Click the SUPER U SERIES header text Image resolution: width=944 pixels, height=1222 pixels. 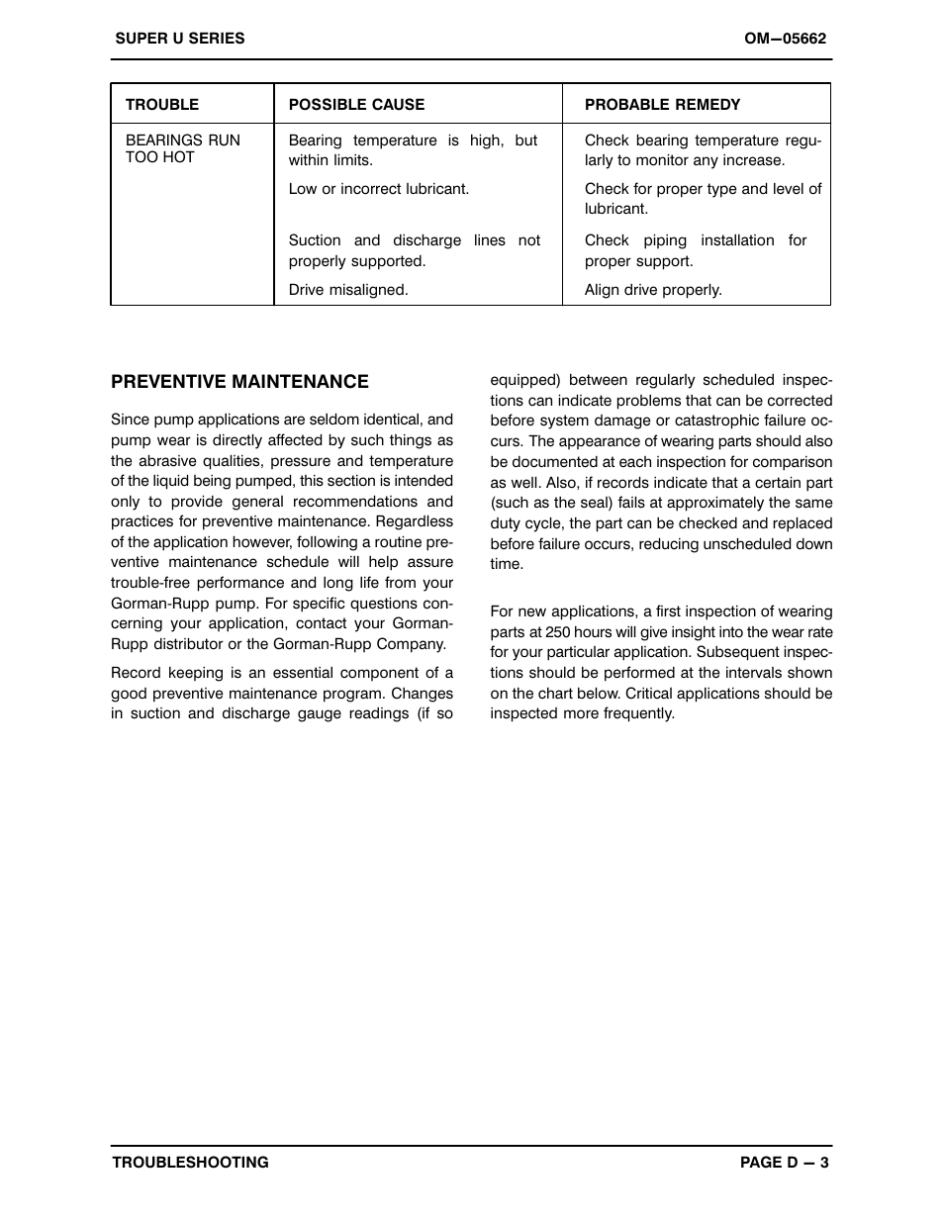[x=179, y=39]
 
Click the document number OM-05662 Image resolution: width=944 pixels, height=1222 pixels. [x=785, y=39]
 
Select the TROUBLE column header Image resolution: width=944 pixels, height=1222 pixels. [x=161, y=105]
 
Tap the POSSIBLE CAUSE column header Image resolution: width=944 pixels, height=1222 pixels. [x=356, y=105]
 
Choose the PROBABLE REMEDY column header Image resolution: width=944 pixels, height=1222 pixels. [x=662, y=105]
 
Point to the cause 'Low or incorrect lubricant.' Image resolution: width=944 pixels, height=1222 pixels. [x=379, y=189]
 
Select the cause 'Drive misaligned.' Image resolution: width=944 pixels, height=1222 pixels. [x=348, y=290]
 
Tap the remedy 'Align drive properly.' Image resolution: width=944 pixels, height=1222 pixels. [x=653, y=290]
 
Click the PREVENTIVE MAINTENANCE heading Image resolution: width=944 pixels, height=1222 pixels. [x=239, y=382]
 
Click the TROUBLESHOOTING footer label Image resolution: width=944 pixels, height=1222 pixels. [x=190, y=1163]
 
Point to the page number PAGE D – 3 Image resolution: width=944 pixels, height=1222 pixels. [x=784, y=1163]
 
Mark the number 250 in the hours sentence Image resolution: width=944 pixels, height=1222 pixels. [x=558, y=632]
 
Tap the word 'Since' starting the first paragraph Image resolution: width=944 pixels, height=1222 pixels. [x=130, y=420]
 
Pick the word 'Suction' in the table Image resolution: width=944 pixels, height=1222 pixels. [x=315, y=240]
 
